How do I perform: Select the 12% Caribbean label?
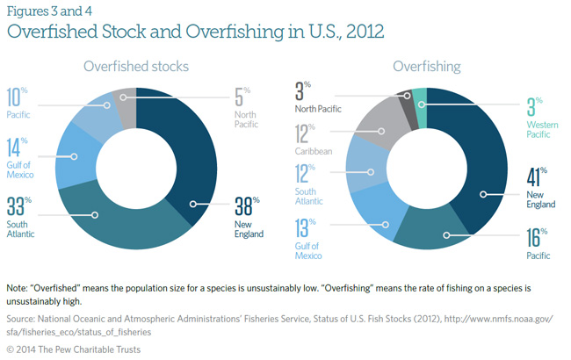(312, 138)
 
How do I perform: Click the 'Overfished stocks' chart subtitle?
(136, 66)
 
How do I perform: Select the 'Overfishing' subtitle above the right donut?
(426, 66)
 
